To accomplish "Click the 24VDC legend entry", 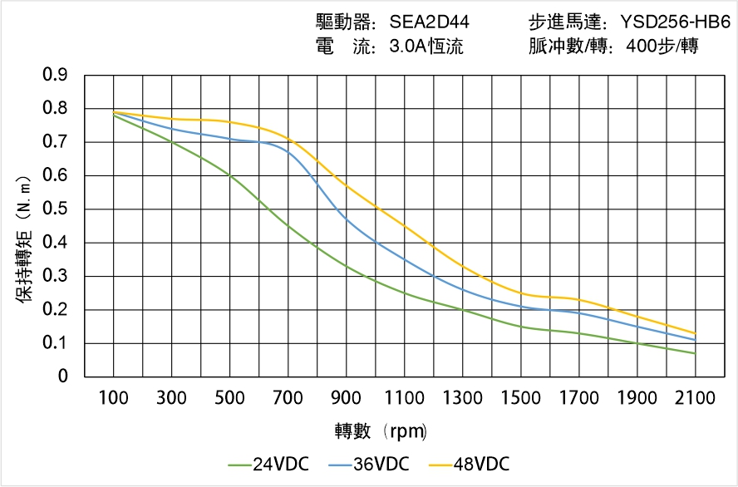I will pyautogui.click(x=268, y=464).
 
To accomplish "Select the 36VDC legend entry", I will pyautogui.click(x=369, y=464).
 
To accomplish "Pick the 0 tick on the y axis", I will pyautogui.click(x=62, y=376).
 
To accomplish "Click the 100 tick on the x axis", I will pyautogui.click(x=113, y=398).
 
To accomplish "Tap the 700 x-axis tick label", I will pyautogui.click(x=288, y=398).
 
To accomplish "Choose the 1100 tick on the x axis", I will pyautogui.click(x=404, y=398).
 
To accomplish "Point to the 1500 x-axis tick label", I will pyautogui.click(x=520, y=398).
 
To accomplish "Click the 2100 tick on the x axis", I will pyautogui.click(x=695, y=398).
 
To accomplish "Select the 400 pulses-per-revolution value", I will pyautogui.click(x=657, y=47).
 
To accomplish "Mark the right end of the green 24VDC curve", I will pyautogui.click(x=695, y=353).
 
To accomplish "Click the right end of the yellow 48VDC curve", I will pyautogui.click(x=695, y=333).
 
